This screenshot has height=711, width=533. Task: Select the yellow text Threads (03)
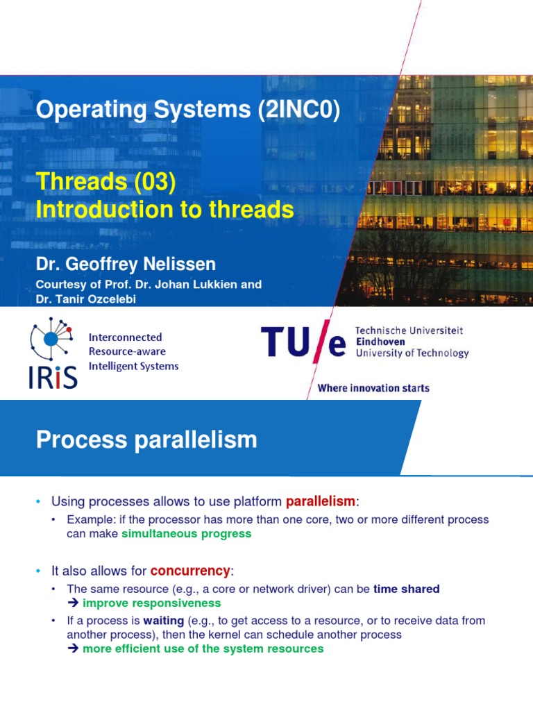(106, 182)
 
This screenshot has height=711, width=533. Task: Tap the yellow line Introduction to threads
(165, 209)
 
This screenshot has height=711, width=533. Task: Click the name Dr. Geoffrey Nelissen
(126, 265)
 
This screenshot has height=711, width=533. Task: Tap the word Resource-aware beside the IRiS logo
(127, 351)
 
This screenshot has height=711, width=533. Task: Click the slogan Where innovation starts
(373, 388)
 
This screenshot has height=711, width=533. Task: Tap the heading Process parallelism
(146, 440)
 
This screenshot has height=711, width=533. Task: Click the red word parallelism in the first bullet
(320, 501)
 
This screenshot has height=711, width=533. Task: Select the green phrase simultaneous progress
(186, 534)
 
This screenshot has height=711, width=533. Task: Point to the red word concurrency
(190, 571)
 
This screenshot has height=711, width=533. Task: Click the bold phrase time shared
(407, 589)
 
